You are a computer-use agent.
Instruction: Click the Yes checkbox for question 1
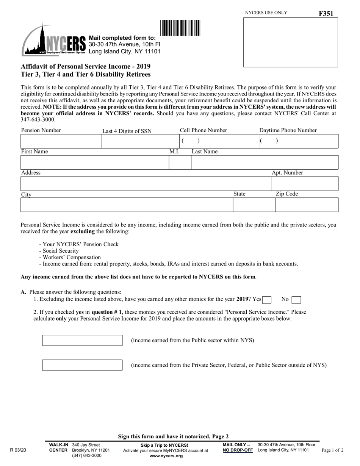tap(267, 300)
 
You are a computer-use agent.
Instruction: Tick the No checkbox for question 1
tap(296, 300)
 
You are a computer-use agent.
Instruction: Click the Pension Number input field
tap(61, 141)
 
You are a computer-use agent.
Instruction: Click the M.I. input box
tap(180, 163)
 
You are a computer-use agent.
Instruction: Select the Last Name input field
tap(265, 163)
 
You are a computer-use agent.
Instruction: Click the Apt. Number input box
tap(305, 184)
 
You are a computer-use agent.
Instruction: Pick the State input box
tap(254, 205)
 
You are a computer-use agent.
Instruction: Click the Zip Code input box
tap(307, 205)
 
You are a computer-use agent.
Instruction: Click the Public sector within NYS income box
tap(82, 341)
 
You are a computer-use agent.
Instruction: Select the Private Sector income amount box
tap(82, 365)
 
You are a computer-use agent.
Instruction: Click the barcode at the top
tap(180, 28)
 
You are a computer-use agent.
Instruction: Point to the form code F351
tap(326, 14)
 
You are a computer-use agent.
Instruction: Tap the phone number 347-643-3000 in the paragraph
tap(38, 120)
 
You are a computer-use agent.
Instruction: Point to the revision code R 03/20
tap(18, 450)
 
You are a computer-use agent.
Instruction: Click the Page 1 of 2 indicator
tap(332, 450)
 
